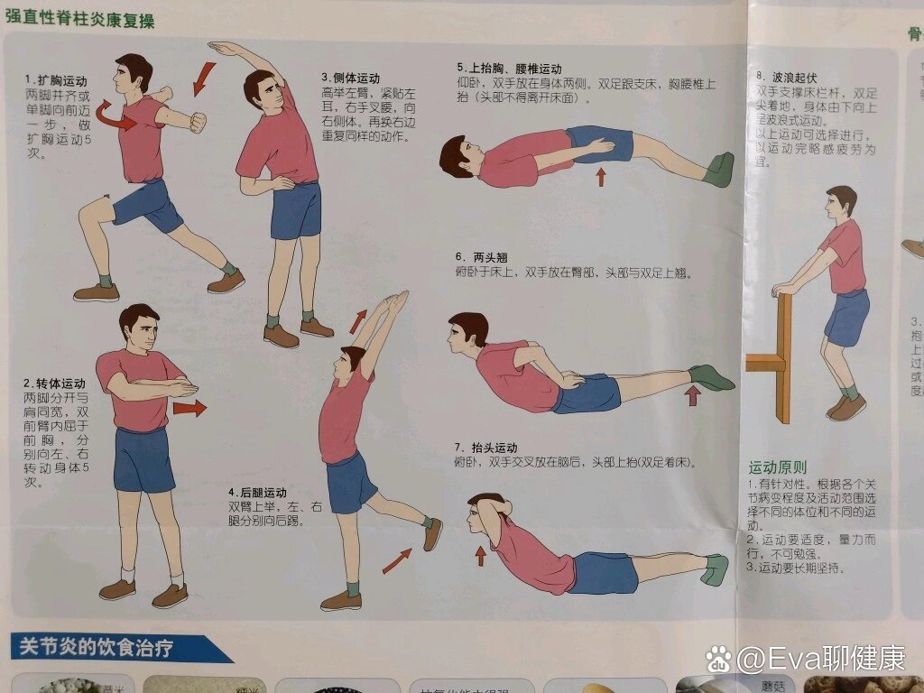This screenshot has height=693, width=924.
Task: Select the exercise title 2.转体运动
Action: point(55,383)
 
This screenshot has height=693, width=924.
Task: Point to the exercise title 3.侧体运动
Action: point(350,79)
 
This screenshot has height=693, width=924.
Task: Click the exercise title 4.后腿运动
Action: point(257,493)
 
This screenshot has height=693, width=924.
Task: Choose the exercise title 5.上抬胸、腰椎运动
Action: point(509,69)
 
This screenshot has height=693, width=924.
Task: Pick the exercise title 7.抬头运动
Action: point(486,448)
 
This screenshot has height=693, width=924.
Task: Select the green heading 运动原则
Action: point(777,467)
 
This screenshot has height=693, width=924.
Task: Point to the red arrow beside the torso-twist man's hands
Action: point(189,409)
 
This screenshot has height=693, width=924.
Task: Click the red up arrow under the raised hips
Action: point(601,176)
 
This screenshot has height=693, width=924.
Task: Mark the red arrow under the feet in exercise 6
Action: point(693,395)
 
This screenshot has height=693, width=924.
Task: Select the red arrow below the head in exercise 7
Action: point(480,555)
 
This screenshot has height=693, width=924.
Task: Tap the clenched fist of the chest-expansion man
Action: point(196,122)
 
